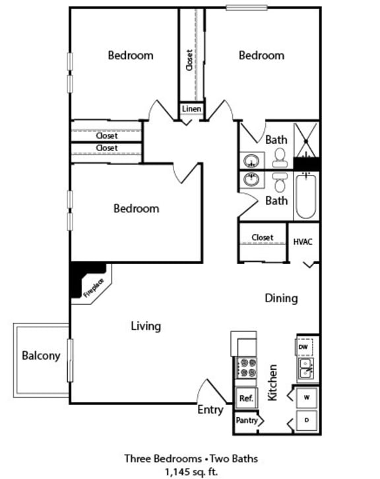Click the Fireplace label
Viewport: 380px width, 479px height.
tap(94, 288)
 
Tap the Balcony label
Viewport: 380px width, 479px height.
tap(41, 356)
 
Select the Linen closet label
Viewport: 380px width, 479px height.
tap(191, 109)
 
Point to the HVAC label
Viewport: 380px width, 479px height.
tap(303, 242)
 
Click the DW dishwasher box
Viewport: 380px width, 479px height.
tap(304, 347)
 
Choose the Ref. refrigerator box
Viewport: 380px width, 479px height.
tap(246, 398)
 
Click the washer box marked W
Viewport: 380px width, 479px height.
tap(307, 397)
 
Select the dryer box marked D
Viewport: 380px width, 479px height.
tap(307, 420)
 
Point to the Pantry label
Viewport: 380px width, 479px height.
tap(247, 421)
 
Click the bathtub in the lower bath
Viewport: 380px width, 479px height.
tap(305, 195)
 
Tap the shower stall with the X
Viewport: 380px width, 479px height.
tap(306, 141)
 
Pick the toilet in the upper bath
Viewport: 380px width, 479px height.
tap(280, 158)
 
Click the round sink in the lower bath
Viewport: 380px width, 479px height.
tap(251, 179)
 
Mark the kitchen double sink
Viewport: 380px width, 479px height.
tap(306, 369)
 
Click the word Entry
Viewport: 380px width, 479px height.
tap(210, 410)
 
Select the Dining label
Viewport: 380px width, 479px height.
tap(281, 298)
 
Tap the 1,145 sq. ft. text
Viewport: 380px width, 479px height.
tap(191, 472)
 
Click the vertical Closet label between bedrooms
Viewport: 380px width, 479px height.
tap(189, 60)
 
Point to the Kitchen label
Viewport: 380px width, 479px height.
tap(272, 382)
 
